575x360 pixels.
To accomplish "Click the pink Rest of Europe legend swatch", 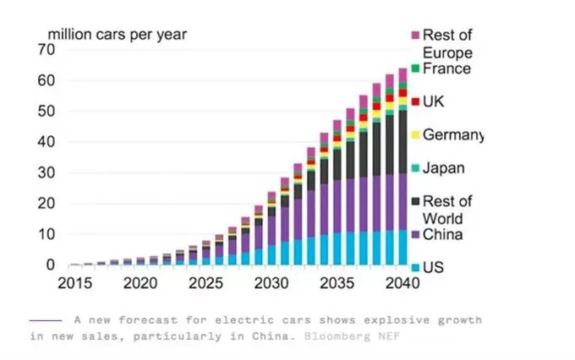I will click(x=415, y=35).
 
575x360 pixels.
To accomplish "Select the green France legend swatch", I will click(x=415, y=69).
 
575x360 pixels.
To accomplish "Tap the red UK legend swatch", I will click(x=415, y=102).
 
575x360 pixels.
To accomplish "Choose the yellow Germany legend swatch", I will click(x=415, y=135).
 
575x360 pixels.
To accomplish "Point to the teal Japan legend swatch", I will click(x=415, y=168).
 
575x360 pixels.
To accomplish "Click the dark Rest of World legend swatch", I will click(x=415, y=201).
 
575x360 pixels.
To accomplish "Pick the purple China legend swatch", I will click(x=415, y=234).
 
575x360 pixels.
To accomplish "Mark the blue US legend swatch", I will click(x=415, y=267).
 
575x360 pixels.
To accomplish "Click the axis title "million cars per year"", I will click(x=117, y=35).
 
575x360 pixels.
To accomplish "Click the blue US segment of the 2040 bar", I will click(x=402, y=248).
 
